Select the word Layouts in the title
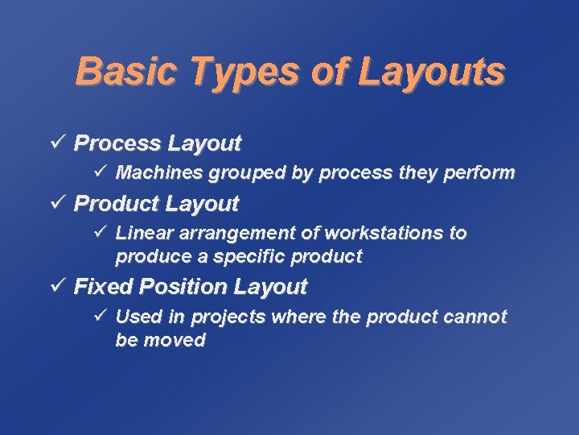tap(431, 71)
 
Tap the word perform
tap(485, 173)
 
